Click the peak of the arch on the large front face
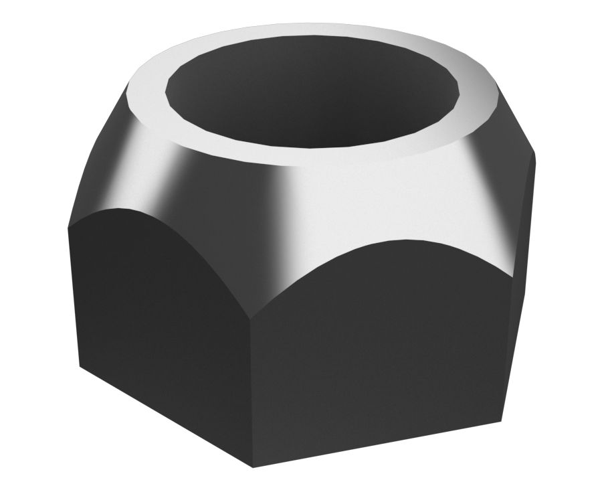[x=401, y=240]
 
